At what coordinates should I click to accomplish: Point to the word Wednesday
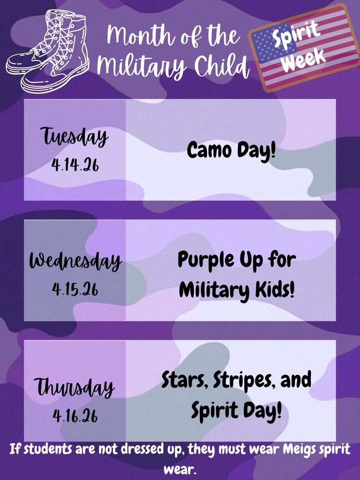[x=75, y=261]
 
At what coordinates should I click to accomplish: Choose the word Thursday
[x=75, y=386]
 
